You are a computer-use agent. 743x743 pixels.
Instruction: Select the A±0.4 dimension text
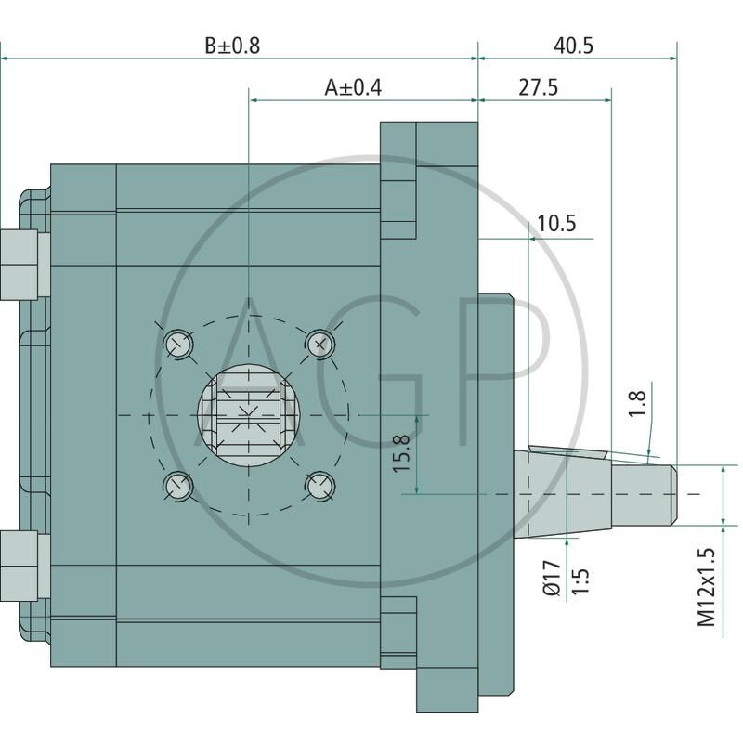click(x=353, y=87)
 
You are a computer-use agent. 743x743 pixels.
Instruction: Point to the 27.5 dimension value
click(x=539, y=87)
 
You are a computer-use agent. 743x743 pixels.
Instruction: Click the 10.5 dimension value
click(x=556, y=223)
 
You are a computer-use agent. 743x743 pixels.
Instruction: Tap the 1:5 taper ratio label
click(x=581, y=577)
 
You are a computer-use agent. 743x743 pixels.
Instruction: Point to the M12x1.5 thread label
click(x=707, y=587)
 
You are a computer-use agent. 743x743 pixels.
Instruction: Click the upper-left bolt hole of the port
click(x=177, y=345)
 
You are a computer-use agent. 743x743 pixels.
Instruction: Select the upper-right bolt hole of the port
click(x=319, y=343)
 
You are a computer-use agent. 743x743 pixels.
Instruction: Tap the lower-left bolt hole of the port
click(x=177, y=483)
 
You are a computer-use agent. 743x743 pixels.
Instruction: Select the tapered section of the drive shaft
click(x=567, y=493)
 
